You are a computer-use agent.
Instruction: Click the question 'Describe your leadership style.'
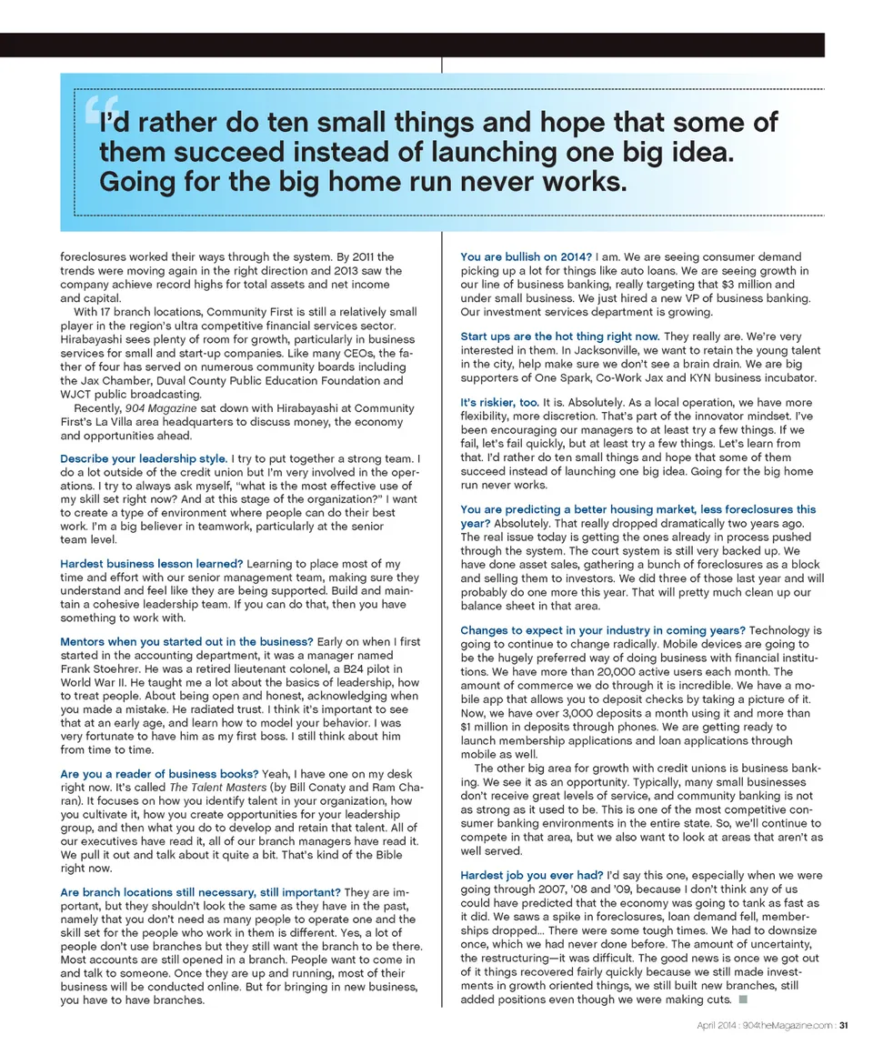pos(144,458)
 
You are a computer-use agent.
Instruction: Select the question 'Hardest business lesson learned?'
pos(151,564)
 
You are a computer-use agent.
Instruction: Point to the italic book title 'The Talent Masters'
pos(213,789)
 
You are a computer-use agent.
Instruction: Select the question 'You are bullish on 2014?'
pos(526,257)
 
